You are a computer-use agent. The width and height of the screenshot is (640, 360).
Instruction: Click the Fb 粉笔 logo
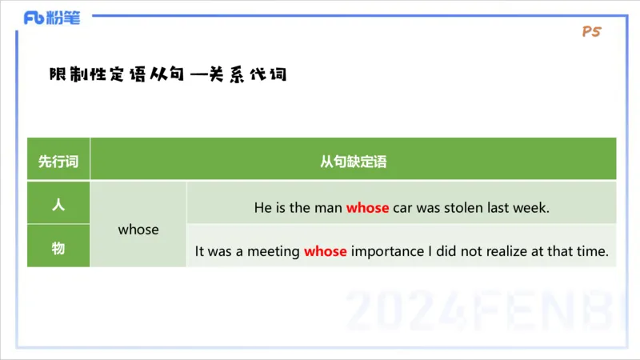tap(52, 18)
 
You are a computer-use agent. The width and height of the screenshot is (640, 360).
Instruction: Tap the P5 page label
tap(592, 32)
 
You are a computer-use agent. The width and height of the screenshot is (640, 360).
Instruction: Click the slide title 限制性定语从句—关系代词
tap(167, 75)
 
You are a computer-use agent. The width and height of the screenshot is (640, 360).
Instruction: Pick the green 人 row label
tap(58, 204)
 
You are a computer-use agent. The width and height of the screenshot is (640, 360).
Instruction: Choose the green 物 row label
tap(58, 248)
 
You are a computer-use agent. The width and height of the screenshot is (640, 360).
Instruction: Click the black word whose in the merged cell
tap(138, 230)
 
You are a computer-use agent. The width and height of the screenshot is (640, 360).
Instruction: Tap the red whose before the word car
tap(367, 208)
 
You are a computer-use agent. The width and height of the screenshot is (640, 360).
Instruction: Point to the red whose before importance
tap(325, 251)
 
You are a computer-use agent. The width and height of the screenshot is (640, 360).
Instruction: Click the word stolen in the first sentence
tap(463, 208)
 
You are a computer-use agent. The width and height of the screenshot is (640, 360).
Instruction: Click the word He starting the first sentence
tap(262, 208)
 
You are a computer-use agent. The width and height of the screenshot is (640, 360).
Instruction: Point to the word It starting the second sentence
tap(200, 251)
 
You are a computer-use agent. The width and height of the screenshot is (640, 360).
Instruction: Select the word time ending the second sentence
tap(594, 251)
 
